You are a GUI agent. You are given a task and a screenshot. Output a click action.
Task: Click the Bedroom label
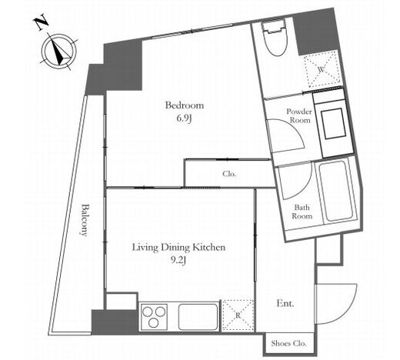tap(185, 105)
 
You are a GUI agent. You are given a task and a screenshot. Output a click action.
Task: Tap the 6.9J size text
tap(184, 118)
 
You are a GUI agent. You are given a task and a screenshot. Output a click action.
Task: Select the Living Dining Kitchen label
tap(178, 248)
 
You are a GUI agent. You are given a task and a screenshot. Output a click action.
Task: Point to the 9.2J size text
tap(178, 261)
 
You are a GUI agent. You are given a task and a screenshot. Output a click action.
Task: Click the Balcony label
tap(85, 220)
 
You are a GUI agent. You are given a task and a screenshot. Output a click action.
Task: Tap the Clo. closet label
tap(229, 174)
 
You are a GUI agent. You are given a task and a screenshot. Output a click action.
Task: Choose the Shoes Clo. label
tap(288, 343)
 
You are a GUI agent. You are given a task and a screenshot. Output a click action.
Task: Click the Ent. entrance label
tap(285, 304)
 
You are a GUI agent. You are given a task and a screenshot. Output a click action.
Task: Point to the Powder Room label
tap(299, 115)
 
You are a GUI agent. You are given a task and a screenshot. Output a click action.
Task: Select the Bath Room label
tap(302, 212)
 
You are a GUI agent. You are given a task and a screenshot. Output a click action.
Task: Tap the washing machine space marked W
tap(322, 68)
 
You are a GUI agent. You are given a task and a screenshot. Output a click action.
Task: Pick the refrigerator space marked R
tap(238, 315)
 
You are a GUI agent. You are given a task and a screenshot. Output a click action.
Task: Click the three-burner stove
tap(154, 317)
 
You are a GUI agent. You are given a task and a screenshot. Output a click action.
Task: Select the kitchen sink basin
tap(198, 317)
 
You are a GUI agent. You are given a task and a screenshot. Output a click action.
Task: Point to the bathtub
tap(336, 190)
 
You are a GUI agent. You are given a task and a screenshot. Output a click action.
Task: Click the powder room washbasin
tap(333, 124)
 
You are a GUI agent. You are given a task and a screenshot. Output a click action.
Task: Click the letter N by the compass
tap(42, 23)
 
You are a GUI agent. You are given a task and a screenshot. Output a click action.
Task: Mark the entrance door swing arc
tap(351, 308)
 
